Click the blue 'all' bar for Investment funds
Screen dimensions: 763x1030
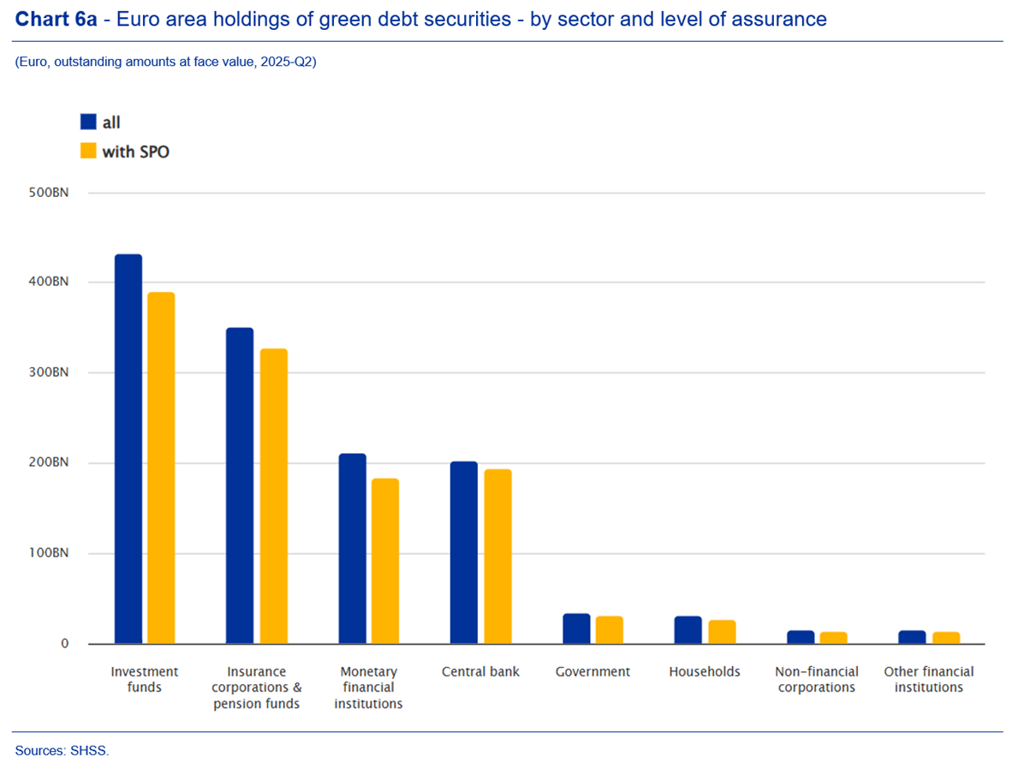pyautogui.click(x=128, y=449)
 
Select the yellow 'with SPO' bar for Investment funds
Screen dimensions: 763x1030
pyautogui.click(x=161, y=468)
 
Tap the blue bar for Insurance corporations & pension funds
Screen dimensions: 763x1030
pyautogui.click(x=240, y=486)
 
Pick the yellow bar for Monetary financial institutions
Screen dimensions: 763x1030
pyautogui.click(x=385, y=561)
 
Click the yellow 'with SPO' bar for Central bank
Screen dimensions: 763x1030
pyautogui.click(x=497, y=557)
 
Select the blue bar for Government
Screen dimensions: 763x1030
pyautogui.click(x=576, y=629)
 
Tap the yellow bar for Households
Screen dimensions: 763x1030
pyautogui.click(x=722, y=632)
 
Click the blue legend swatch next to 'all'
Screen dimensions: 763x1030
pyautogui.click(x=88, y=122)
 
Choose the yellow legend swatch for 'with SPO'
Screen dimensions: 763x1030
pyautogui.click(x=88, y=151)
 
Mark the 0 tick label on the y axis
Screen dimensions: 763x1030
pyautogui.click(x=64, y=644)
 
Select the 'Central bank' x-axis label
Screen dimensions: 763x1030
pyautogui.click(x=480, y=671)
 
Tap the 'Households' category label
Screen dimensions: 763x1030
pyautogui.click(x=705, y=671)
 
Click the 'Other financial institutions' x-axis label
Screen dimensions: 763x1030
pyautogui.click(x=929, y=679)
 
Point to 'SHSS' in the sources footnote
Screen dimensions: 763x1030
pyautogui.click(x=92, y=751)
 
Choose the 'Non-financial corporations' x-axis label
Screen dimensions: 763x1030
pyautogui.click(x=817, y=679)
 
